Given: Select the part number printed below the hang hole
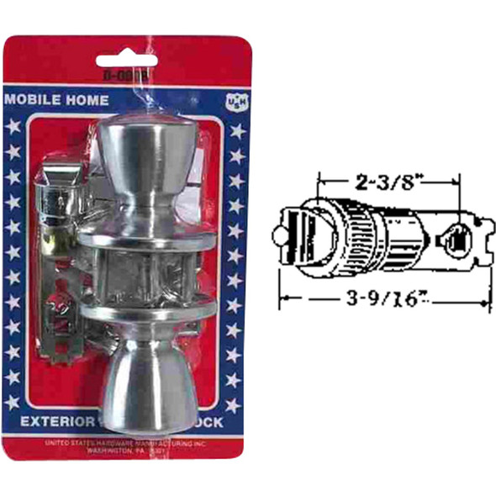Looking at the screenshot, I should pos(128,74).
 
